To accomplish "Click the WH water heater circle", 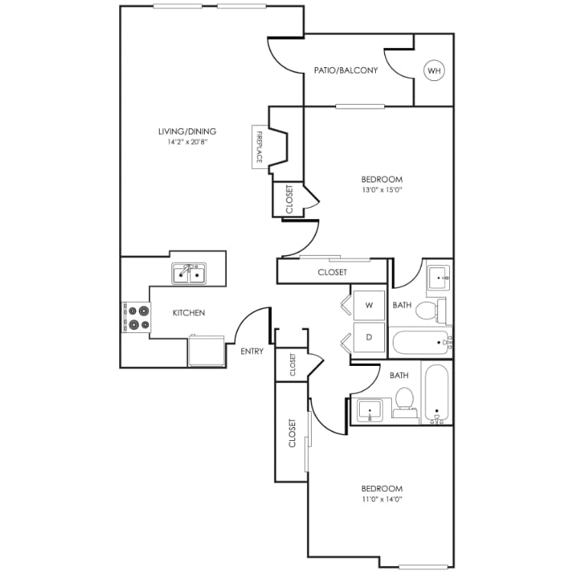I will (x=435, y=71).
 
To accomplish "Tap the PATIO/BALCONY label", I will (x=346, y=71).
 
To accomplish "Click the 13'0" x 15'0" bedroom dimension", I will (x=384, y=190).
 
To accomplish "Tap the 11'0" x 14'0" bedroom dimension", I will (x=383, y=499).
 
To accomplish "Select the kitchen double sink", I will (x=189, y=273).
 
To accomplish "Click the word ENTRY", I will (x=252, y=351).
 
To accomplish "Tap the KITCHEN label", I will (x=188, y=312).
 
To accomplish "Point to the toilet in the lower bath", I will (x=404, y=400).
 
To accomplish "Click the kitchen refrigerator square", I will (x=206, y=351).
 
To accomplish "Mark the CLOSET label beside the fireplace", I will (x=289, y=200).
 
